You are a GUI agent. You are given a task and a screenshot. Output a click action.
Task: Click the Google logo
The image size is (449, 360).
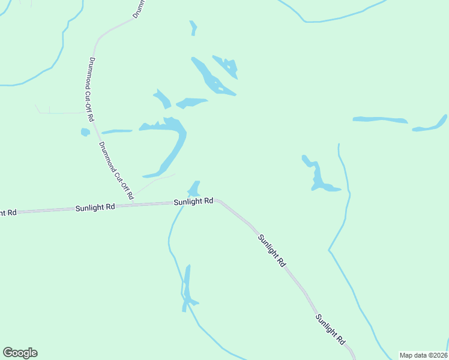20,353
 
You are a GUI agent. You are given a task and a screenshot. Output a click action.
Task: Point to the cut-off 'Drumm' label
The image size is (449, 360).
136,8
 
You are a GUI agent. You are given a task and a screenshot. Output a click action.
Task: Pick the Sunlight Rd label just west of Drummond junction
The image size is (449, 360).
95,208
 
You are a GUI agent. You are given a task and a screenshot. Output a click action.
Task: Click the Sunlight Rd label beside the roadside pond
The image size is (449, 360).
193,202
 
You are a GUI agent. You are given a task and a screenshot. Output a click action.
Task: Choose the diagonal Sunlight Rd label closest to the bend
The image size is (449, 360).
271,250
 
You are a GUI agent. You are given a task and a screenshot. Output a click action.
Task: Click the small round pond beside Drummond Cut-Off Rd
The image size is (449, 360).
85,132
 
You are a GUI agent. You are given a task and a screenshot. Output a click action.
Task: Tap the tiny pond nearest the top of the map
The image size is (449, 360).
193,28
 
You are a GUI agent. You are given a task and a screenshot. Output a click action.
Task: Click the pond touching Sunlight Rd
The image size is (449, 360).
194,188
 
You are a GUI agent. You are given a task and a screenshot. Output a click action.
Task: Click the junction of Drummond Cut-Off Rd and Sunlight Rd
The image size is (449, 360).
133,204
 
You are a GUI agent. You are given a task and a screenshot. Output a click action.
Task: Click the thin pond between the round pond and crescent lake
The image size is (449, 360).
116,131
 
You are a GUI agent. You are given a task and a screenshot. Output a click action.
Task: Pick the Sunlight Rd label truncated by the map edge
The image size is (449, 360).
7,212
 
